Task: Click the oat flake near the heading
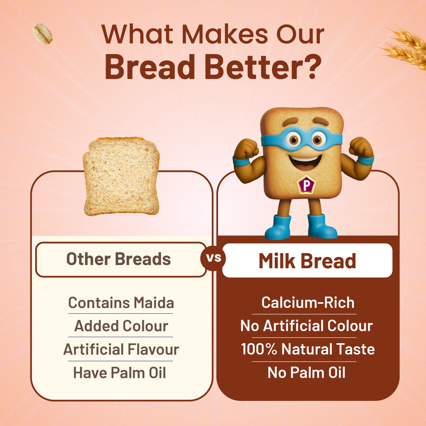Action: (43, 34)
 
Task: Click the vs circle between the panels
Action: (213, 258)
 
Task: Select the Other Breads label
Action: (119, 259)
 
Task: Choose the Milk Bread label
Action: (307, 261)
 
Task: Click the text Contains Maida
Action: (121, 303)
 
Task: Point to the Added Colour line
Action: (121, 326)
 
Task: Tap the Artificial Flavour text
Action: (121, 350)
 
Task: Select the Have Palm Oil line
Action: (119, 373)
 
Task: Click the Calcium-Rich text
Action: (308, 303)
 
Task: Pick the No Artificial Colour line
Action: (306, 326)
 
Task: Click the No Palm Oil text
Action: (306, 373)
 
